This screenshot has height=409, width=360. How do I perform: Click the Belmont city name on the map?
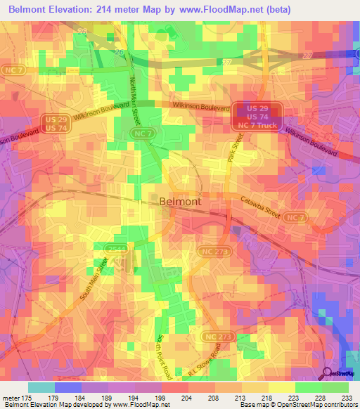click(181, 201)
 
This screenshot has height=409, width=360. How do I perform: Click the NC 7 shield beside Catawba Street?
click(296, 218)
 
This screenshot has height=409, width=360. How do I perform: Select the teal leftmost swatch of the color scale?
click(41, 387)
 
